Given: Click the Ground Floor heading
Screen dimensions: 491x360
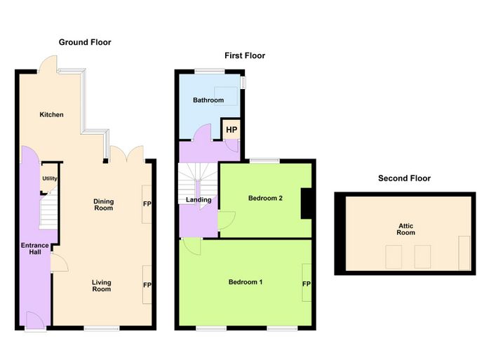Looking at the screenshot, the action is [85, 42].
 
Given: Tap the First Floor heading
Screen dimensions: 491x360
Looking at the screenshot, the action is [245, 55].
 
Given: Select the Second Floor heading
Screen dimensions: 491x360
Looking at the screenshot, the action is [404, 178].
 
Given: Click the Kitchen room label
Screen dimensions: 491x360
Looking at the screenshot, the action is [51, 114].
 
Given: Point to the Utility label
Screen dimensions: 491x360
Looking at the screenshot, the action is [50, 178].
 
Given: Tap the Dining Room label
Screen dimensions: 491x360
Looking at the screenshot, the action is [104, 205].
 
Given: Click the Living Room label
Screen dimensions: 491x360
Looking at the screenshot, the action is [102, 286].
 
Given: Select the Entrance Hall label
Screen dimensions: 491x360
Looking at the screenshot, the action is [35, 248].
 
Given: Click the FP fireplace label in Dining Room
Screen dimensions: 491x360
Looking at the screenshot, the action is [147, 204].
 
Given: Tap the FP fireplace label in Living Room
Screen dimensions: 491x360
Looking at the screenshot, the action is [147, 285].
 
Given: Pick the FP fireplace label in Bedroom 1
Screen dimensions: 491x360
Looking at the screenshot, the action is [307, 284].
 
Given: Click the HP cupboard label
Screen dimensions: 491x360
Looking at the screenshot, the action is [231, 130].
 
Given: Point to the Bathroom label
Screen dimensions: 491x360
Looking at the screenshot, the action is [208, 100].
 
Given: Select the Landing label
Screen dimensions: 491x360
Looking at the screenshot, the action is [199, 200].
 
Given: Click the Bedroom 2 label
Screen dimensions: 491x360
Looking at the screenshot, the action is [265, 198].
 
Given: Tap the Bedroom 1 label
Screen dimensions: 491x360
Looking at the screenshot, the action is [245, 282].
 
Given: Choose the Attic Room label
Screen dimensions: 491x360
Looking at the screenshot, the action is [406, 229].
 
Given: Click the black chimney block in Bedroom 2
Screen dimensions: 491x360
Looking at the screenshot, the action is [307, 204].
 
